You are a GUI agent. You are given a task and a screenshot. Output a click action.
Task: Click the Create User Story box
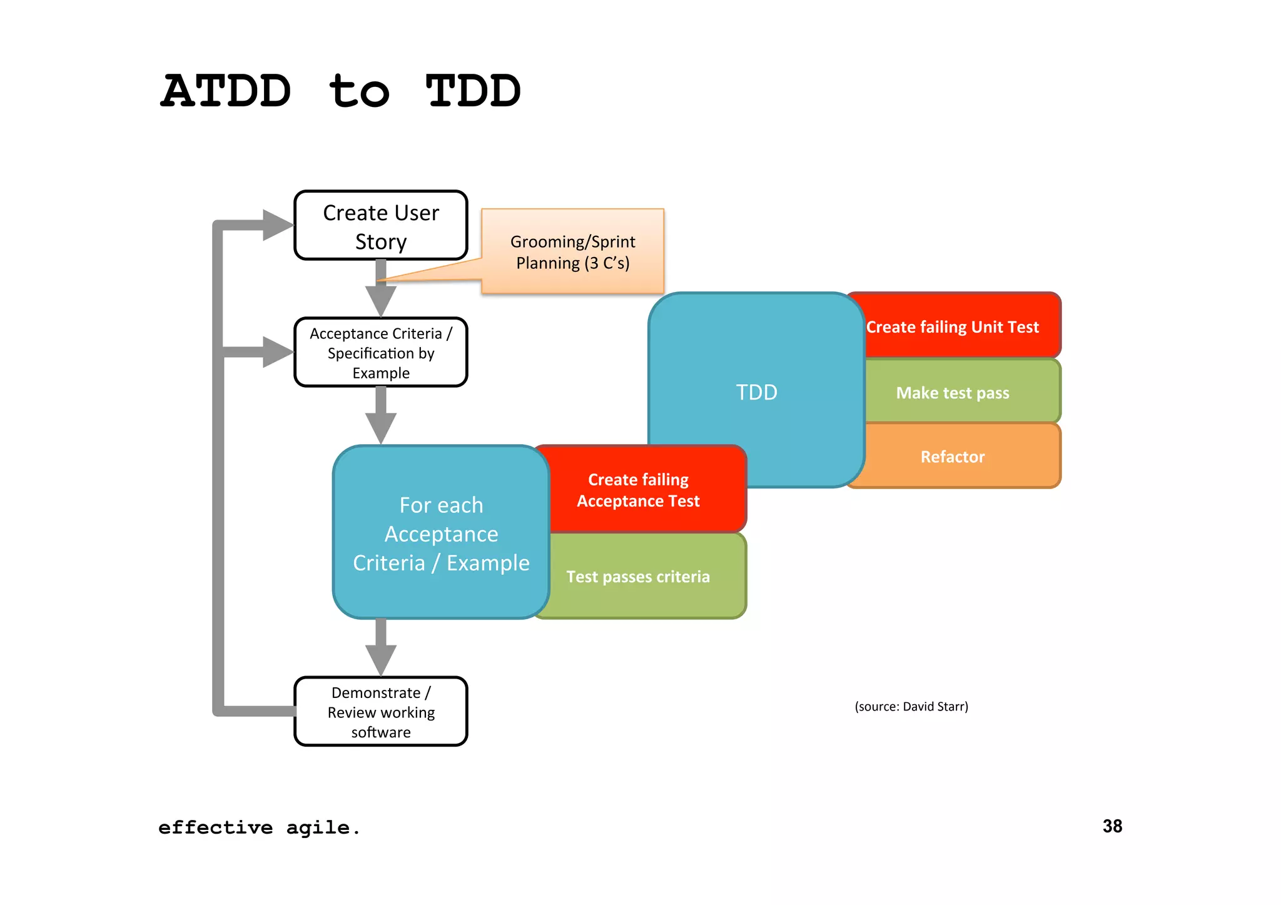coord(380,226)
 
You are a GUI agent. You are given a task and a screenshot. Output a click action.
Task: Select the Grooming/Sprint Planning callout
coord(572,252)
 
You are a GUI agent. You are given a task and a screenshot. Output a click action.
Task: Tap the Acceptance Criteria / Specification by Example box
coord(380,353)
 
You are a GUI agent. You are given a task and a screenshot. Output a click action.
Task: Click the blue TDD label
coord(756,392)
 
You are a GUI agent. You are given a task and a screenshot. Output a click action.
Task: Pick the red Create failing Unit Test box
coord(952,326)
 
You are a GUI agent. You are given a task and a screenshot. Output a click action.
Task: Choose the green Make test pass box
coord(952,392)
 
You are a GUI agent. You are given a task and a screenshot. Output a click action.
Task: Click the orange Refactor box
coord(952,457)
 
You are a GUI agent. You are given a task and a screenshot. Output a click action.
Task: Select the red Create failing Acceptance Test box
coord(638,490)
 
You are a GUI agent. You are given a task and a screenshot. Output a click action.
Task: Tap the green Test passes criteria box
coord(638,576)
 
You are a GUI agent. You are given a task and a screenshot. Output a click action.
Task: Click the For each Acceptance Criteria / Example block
coord(441,533)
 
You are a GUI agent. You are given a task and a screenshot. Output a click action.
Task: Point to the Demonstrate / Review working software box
coord(380,712)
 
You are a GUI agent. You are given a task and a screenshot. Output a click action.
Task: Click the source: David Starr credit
coord(911,706)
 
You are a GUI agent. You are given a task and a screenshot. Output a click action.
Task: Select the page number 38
coord(1112,826)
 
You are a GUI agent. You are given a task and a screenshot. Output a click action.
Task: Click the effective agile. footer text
coord(259,827)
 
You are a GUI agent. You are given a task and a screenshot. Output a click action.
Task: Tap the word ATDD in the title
coord(226,91)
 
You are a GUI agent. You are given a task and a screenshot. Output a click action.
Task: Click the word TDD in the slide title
coord(473,91)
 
